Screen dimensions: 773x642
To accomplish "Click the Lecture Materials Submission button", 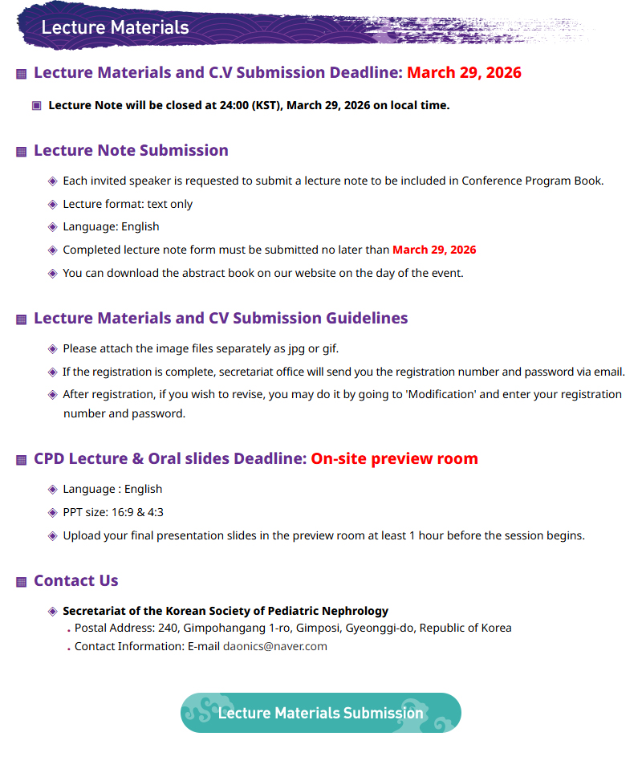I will (320, 713).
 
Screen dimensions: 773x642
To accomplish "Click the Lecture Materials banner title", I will (115, 27).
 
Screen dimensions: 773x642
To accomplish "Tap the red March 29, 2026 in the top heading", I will (464, 72).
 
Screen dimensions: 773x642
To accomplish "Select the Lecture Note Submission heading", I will (131, 150).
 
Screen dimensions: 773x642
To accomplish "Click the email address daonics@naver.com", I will (275, 646).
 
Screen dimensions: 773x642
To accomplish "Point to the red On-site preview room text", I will (394, 458).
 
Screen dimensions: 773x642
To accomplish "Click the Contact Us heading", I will (76, 580).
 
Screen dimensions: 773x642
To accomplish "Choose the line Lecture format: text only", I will (128, 204).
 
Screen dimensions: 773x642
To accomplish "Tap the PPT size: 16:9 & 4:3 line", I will (113, 512).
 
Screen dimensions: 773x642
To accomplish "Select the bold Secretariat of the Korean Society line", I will (226, 611).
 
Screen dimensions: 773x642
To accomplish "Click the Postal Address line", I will (293, 628).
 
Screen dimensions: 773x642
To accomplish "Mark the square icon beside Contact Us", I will (22, 582).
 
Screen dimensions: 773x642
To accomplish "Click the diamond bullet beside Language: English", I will (53, 227).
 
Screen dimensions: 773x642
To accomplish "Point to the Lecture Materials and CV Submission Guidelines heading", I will (221, 318).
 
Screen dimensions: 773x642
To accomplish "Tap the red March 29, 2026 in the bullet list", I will (434, 250).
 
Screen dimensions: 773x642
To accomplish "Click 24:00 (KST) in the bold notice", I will (249, 105).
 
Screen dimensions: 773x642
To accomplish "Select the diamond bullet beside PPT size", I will (53, 513).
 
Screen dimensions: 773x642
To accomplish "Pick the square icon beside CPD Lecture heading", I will (22, 460).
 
